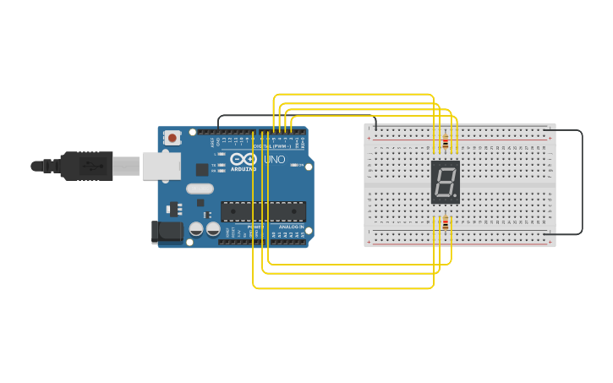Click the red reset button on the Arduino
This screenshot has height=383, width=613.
click(x=172, y=137)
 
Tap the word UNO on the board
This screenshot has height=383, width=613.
click(x=275, y=159)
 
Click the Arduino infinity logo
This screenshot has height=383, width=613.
click(x=243, y=158)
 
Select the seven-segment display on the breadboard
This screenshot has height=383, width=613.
click(x=446, y=182)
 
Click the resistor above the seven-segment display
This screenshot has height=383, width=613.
click(x=446, y=142)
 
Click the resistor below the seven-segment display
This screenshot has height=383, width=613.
click(x=446, y=222)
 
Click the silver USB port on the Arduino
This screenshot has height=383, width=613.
click(x=161, y=166)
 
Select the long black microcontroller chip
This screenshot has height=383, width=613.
click(x=263, y=211)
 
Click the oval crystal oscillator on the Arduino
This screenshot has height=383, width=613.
click(x=200, y=189)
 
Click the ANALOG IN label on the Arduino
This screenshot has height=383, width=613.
click(x=291, y=227)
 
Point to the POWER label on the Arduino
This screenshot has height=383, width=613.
click(x=256, y=227)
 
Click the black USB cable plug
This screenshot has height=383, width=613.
click(x=85, y=166)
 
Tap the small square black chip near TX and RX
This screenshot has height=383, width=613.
click(x=202, y=169)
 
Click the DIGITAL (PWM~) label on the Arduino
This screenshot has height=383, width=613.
click(x=271, y=146)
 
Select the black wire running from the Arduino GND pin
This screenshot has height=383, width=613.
click(x=296, y=116)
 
